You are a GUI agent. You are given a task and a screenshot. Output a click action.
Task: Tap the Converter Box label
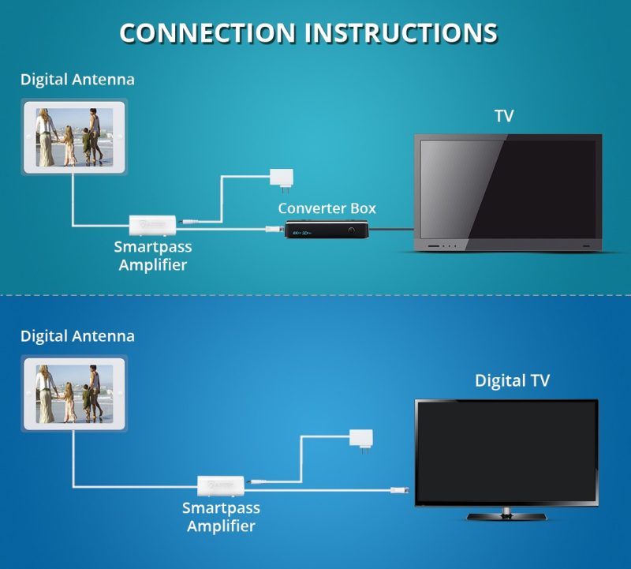click(x=327, y=208)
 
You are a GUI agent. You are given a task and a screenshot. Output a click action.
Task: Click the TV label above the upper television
click(x=504, y=117)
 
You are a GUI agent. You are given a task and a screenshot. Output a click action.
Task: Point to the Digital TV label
click(x=512, y=380)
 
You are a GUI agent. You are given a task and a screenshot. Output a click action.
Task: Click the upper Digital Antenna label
click(x=77, y=80)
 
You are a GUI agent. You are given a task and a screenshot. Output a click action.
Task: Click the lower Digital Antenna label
click(x=77, y=336)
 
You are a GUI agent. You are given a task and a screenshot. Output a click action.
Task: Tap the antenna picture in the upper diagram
click(x=74, y=136)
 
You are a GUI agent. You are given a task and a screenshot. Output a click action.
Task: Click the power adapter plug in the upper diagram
click(x=281, y=177)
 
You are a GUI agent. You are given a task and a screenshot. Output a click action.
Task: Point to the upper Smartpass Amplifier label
click(x=153, y=256)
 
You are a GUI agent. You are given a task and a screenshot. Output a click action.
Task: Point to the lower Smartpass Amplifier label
click(x=221, y=516)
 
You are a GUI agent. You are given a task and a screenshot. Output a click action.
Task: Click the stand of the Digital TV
click(x=506, y=515)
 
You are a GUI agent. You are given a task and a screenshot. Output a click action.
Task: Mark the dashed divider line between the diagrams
click(x=315, y=296)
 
